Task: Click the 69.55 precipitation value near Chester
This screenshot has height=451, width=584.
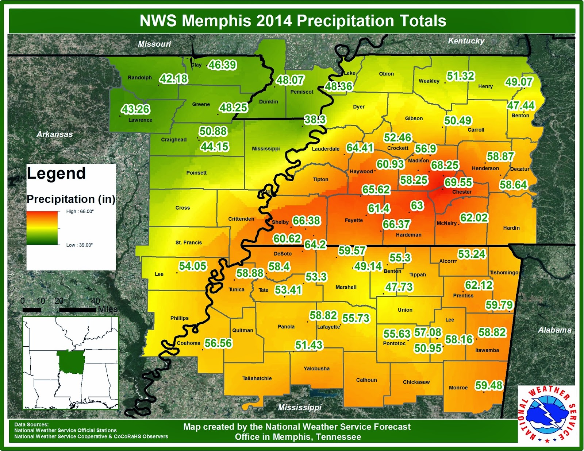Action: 458,182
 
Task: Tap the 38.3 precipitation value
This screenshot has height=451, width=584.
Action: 315,120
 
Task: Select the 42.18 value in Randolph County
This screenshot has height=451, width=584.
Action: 174,79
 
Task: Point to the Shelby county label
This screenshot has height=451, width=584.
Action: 280,222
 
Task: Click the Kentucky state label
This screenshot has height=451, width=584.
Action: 466,41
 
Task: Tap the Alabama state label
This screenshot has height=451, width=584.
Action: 554,330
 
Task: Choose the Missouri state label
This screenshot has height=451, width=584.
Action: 154,44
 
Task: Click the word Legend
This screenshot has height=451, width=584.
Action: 56,174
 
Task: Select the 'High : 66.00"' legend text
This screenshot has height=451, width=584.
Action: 80,211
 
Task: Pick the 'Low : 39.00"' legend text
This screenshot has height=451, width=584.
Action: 79,245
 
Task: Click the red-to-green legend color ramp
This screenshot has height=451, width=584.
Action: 42,228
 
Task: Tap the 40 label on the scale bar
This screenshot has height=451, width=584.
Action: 95,301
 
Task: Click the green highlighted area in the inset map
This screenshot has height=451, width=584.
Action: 71,362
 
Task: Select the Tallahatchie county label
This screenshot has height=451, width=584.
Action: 257,378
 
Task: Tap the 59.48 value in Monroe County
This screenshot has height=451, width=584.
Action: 489,385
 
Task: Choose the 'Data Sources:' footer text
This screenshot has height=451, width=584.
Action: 31,424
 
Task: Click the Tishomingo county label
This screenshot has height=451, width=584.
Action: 504,272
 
